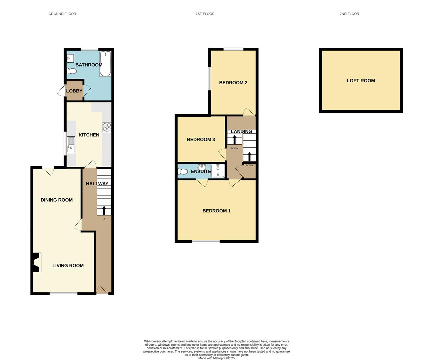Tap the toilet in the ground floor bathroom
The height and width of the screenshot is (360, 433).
coord(72,71)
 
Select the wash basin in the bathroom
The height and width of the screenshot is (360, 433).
coord(70,58)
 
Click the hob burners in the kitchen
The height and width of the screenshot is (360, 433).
coord(107,127)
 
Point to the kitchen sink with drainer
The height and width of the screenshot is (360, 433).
coord(71,145)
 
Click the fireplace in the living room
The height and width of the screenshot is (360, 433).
coord(37,262)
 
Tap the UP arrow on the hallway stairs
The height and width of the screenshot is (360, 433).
coord(104,210)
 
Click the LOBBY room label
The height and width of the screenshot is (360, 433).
coord(74,91)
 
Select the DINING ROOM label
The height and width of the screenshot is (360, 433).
coord(57,200)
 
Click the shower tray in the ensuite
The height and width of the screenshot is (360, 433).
coord(218,171)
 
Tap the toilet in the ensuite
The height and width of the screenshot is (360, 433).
coord(183,172)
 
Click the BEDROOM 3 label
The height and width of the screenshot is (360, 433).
coord(201,140)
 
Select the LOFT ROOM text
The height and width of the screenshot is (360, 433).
coord(361,81)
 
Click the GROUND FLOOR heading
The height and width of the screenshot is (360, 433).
coord(62,14)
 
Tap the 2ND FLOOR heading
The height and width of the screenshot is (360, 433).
coord(349,14)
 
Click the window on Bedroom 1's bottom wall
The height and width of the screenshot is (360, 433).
coord(206,241)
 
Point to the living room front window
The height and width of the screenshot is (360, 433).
coord(63,294)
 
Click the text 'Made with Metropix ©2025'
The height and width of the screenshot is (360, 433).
coord(217,358)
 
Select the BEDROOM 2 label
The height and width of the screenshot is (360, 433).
coord(233,83)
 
